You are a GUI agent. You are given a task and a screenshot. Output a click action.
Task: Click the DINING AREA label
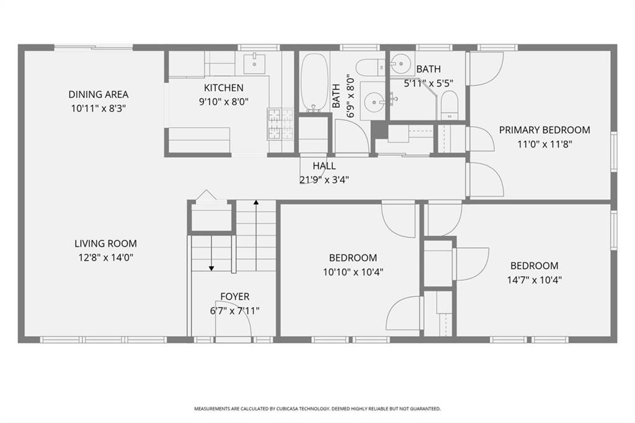98,94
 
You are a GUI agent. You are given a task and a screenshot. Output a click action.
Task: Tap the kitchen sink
254,63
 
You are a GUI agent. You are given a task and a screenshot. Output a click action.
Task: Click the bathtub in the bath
314,82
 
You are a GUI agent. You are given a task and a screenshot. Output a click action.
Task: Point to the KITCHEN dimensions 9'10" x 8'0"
223,102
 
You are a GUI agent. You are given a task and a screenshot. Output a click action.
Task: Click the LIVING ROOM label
105,244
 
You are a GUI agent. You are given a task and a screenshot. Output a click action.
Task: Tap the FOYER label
234,297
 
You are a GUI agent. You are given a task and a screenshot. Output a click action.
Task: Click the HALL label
324,166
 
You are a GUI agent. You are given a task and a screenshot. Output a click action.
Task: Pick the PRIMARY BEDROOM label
544,130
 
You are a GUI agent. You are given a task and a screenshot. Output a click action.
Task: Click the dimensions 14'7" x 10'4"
534,279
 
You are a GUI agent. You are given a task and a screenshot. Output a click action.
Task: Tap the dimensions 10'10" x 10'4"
352,271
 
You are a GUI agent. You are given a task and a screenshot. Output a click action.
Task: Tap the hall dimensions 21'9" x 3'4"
324,180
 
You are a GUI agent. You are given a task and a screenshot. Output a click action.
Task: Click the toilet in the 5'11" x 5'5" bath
448,105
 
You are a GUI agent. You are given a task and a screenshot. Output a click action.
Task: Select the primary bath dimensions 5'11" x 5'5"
428,82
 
